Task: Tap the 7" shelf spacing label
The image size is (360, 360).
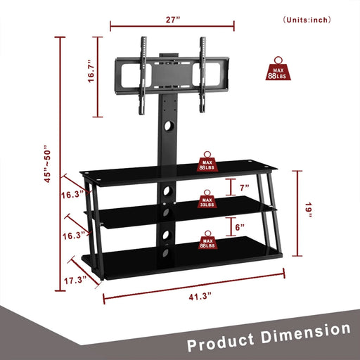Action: [x=244, y=188]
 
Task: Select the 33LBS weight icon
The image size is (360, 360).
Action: [x=207, y=200]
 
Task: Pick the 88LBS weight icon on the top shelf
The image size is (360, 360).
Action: [x=207, y=162]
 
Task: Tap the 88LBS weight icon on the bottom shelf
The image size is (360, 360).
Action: [x=207, y=241]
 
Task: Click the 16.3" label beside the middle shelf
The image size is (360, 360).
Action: [x=72, y=235]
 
